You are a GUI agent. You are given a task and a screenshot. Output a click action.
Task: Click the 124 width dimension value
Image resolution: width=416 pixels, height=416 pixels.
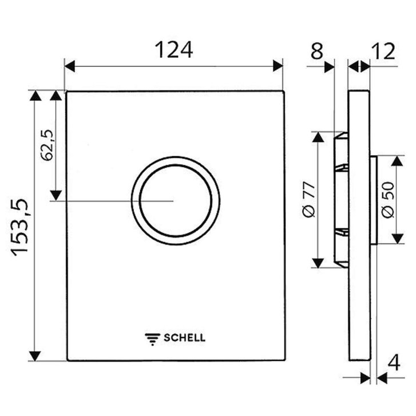(174, 50)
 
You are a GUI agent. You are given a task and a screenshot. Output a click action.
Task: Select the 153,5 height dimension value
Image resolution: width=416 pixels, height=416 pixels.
(19, 227)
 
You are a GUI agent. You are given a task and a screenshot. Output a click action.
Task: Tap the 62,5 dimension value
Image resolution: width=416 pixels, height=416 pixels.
(47, 145)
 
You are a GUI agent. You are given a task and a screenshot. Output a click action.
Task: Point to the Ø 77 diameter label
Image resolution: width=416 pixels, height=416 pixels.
(308, 200)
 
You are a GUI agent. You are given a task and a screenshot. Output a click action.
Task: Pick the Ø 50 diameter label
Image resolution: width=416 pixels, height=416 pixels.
(388, 200)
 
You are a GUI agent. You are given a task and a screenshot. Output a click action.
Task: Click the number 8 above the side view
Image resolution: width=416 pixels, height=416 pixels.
(317, 51)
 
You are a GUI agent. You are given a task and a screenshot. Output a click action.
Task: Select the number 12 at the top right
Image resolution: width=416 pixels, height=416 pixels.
(383, 51)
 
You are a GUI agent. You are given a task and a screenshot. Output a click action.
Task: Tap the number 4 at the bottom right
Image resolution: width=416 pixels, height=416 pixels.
(394, 363)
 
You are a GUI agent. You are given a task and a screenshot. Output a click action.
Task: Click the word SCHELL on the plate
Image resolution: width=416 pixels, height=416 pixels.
(184, 338)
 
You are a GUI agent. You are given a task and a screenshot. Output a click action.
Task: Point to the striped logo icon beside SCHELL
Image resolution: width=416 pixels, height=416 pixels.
(152, 339)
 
